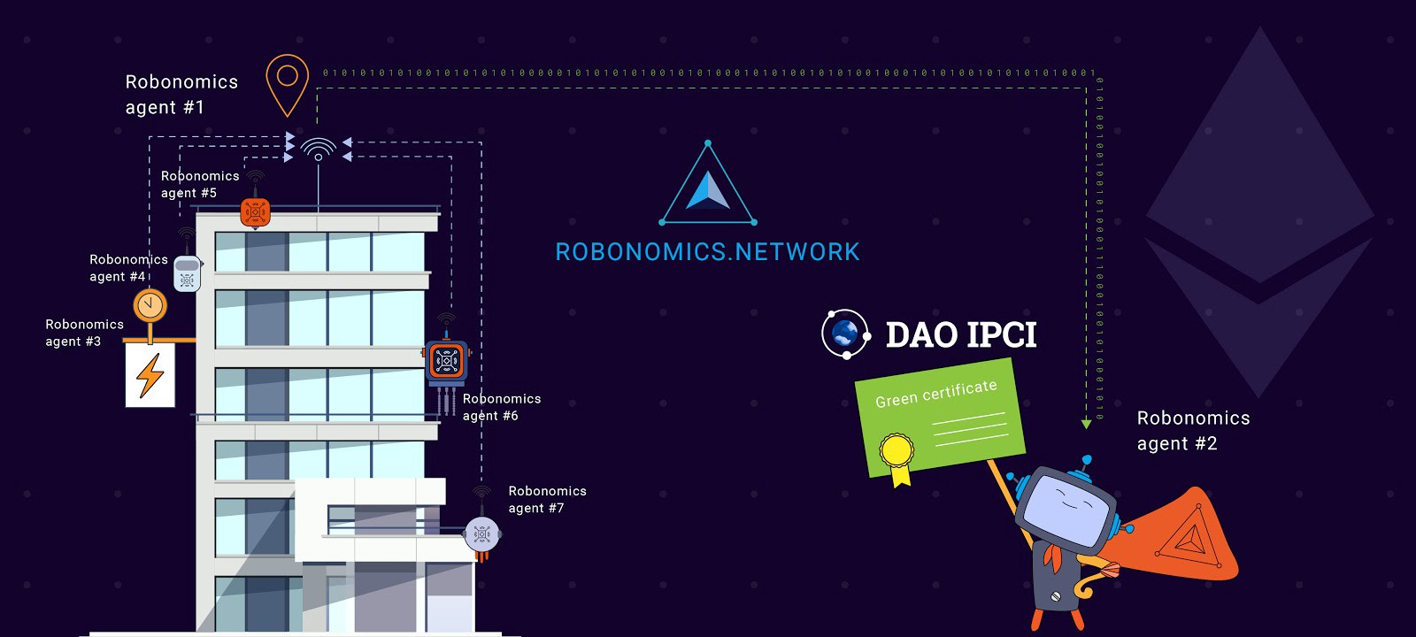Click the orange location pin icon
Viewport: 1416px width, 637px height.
288,82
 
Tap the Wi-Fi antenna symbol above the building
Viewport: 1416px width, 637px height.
318,148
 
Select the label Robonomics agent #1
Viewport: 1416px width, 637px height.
181,95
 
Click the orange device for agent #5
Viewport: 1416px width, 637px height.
255,212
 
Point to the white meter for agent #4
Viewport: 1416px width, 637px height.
187,273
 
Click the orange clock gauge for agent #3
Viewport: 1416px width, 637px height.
150,305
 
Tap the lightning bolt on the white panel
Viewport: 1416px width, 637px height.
150,375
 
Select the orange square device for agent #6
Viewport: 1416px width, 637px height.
447,361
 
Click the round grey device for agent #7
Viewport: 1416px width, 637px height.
482,533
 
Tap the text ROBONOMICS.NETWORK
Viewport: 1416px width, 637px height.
707,252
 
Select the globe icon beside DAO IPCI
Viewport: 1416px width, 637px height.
845,334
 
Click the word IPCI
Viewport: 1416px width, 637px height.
1000,335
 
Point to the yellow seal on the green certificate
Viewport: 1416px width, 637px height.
897,451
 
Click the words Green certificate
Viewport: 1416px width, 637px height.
935,394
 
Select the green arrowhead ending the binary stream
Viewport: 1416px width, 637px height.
1086,425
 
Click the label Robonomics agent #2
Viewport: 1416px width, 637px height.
1192,431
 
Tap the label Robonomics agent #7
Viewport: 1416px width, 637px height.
546,500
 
